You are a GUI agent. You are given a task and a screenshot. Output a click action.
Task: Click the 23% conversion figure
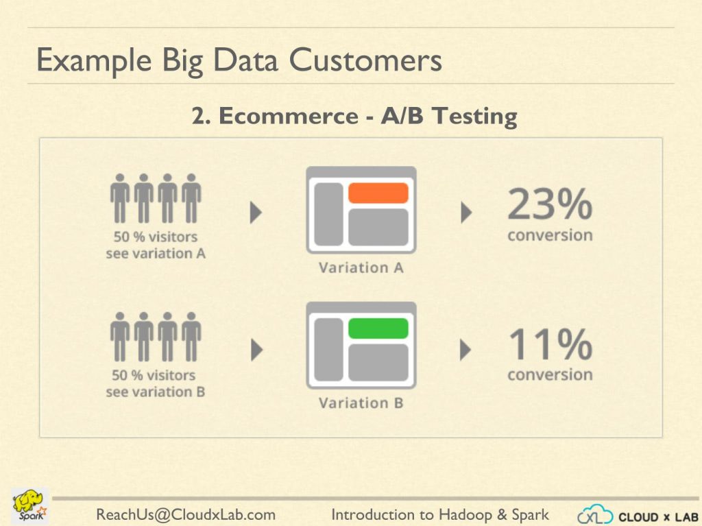[x=550, y=204]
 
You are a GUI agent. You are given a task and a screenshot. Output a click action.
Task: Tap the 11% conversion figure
[x=550, y=344]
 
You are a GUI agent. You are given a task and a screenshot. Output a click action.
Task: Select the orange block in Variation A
[x=378, y=193]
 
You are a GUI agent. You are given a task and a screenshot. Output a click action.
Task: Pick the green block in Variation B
[x=378, y=328]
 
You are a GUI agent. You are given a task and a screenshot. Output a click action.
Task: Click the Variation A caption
[x=361, y=267]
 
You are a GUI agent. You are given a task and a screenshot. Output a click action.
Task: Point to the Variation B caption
[x=361, y=403]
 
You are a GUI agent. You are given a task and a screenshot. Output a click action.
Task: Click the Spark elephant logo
[x=29, y=506]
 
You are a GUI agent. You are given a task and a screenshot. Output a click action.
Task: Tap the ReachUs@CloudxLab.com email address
[x=186, y=515]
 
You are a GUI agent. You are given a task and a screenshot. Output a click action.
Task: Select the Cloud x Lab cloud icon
[x=595, y=515]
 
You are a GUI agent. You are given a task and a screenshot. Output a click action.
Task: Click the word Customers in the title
[x=365, y=60]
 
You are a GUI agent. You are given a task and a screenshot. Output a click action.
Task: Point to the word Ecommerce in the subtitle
[x=289, y=116]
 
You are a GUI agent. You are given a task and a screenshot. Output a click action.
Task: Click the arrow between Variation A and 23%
[x=466, y=212]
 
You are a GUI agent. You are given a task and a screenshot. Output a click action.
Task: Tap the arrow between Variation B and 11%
[x=465, y=350]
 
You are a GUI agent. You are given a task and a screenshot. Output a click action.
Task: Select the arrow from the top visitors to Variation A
[x=256, y=212]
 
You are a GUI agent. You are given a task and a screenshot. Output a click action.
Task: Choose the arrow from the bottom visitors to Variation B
[x=256, y=350]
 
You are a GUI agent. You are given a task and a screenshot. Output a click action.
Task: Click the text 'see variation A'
[x=156, y=254]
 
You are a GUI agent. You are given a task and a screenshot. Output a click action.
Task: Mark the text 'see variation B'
[x=156, y=392]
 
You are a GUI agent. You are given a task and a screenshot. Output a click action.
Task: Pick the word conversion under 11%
[x=550, y=374]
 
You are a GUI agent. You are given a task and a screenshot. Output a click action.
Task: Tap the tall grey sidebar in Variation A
[x=328, y=214]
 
